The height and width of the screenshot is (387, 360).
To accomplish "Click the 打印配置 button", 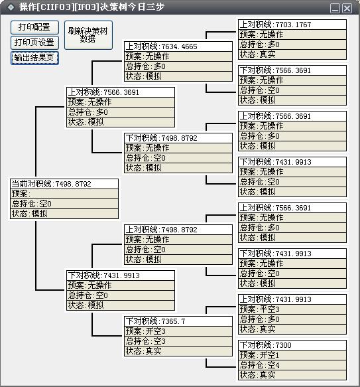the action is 34,27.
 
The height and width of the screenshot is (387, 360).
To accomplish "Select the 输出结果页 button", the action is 34,58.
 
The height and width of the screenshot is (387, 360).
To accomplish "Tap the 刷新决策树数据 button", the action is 88,35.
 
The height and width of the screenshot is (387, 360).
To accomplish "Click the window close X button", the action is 347,9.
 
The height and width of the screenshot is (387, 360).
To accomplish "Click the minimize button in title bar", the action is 335,9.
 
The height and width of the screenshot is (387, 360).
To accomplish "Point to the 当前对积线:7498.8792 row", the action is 64,184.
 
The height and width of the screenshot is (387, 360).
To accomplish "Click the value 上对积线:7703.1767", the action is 292,25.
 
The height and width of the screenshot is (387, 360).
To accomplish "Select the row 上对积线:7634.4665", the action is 178,46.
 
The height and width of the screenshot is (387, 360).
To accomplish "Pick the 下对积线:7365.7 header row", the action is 178,321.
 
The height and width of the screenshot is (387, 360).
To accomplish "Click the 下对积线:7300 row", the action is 292,345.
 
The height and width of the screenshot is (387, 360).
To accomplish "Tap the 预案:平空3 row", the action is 292,309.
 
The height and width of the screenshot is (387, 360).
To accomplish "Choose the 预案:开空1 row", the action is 292,355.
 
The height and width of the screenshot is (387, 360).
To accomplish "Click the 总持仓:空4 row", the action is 292,365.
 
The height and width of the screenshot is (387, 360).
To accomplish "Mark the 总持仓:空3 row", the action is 178,341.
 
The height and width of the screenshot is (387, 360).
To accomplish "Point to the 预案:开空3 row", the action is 178,331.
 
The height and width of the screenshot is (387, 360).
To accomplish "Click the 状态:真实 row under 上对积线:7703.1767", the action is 292,54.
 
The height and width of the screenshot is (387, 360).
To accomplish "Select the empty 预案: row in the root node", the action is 64,194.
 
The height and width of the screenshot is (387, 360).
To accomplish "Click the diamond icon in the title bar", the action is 11,7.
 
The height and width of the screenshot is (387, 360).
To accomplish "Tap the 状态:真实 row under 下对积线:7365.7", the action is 178,351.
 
